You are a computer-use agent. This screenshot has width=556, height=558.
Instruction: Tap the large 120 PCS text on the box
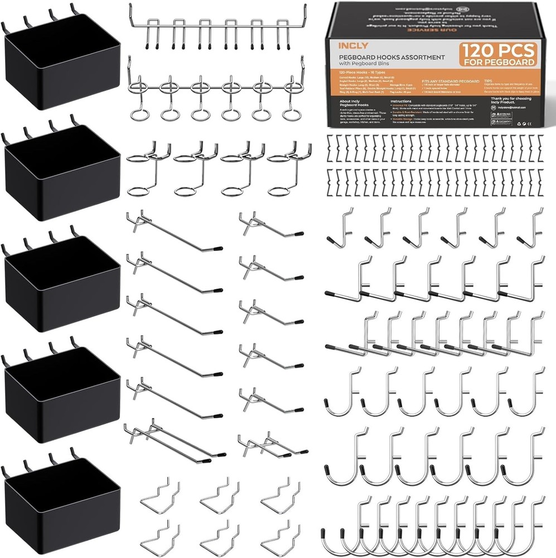click(498, 50)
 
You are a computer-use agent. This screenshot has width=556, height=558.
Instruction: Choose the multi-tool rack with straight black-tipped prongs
click(218, 28)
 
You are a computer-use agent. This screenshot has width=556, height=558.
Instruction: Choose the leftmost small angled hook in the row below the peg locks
click(341, 229)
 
